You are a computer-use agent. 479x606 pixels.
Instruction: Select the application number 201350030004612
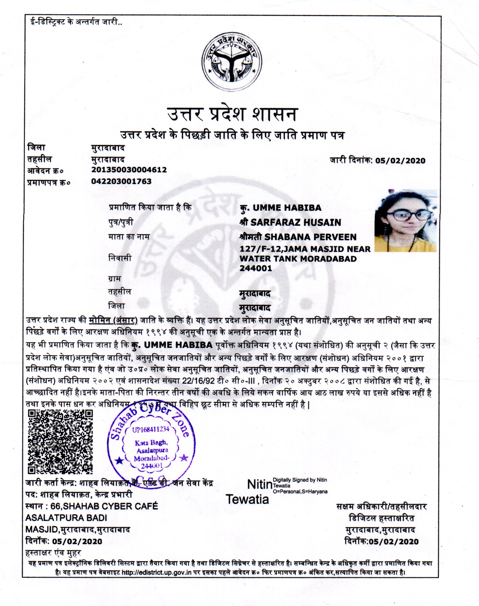pos(129,170)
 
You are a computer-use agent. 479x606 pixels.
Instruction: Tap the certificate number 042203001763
pos(121,181)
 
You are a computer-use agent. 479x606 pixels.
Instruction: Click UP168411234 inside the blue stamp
pos(150,429)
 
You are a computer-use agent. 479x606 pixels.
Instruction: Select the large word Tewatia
pos(247,499)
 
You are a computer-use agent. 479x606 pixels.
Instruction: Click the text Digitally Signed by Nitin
pos(300,480)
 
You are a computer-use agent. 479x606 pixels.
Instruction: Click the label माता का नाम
pos(129,237)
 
